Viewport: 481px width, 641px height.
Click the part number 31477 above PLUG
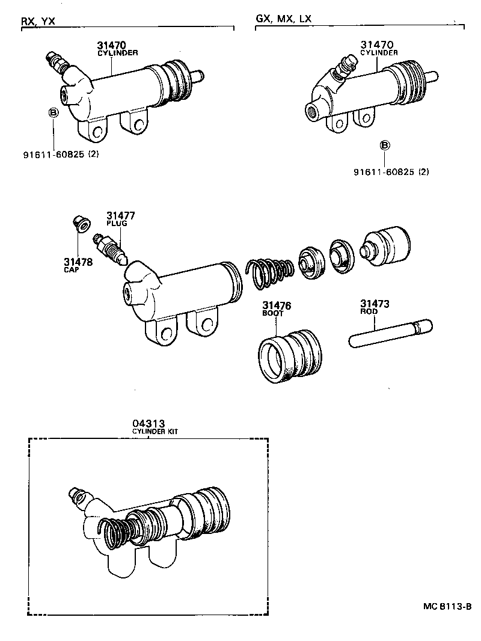click(x=121, y=215)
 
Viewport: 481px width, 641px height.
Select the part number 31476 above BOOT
click(x=276, y=305)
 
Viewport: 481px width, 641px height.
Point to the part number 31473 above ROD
click(x=375, y=304)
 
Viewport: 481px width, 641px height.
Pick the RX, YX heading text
click(x=38, y=21)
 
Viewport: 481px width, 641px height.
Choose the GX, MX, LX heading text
click(x=284, y=19)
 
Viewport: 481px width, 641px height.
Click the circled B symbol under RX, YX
click(x=53, y=112)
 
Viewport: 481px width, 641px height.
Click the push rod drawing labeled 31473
click(x=390, y=332)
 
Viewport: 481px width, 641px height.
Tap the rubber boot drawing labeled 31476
click(x=290, y=355)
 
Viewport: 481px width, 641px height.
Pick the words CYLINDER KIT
click(x=155, y=432)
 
